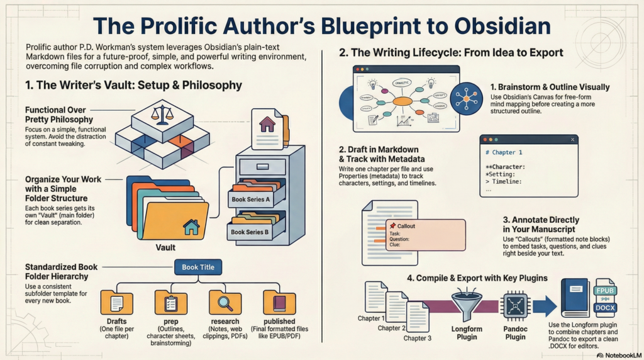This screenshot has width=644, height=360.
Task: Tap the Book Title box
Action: tap(198, 267)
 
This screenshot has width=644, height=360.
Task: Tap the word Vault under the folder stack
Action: tap(165, 247)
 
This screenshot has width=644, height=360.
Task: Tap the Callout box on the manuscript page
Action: tap(425, 233)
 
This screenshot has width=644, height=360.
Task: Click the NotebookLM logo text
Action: tap(619, 355)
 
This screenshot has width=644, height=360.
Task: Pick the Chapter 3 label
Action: tap(417, 338)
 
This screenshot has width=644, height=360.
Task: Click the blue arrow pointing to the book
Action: tap(545, 307)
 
